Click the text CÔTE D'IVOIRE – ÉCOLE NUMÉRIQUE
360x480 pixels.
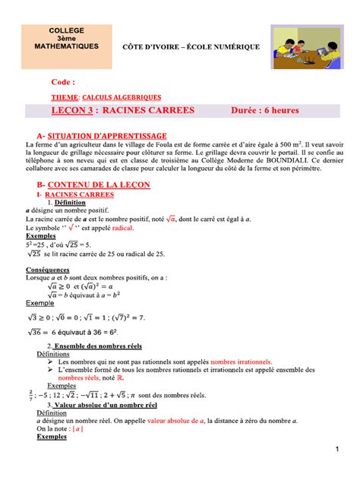click(191, 47)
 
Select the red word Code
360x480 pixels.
click(63, 81)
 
